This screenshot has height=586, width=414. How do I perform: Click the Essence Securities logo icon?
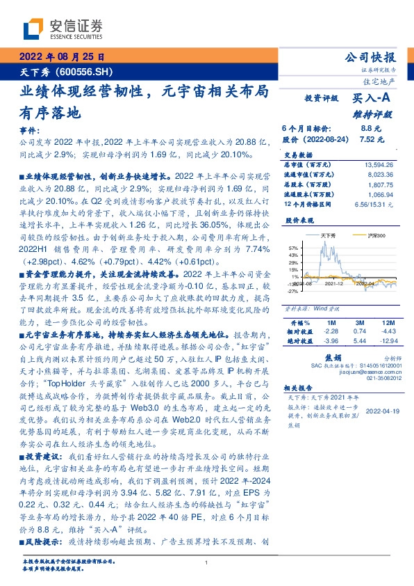click(x=32, y=29)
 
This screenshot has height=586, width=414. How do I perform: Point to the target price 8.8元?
click(x=370, y=128)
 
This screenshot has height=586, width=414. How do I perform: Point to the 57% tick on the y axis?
click(x=293, y=247)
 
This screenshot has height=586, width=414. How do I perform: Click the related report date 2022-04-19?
click(x=381, y=411)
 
